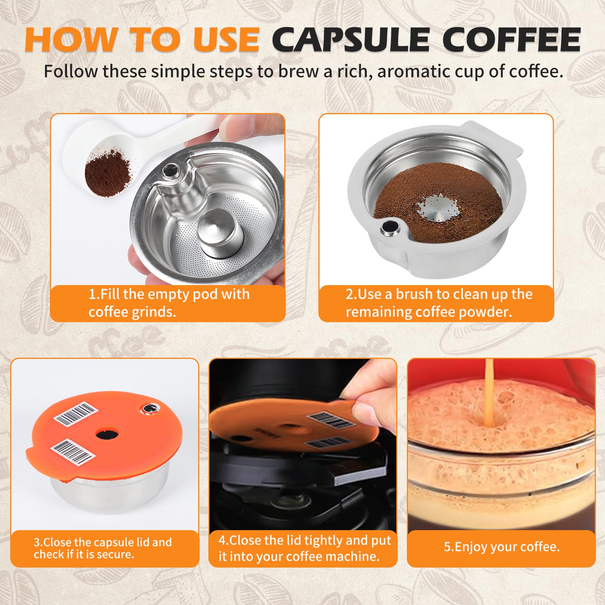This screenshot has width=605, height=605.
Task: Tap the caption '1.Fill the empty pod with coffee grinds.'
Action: [x=169, y=303]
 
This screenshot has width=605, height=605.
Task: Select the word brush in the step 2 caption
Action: [x=422, y=294]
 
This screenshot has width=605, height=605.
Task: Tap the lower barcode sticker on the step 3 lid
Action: [x=72, y=451]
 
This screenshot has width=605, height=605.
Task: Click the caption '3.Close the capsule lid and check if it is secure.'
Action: [x=102, y=548]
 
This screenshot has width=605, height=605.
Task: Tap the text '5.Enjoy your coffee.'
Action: [x=502, y=547]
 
